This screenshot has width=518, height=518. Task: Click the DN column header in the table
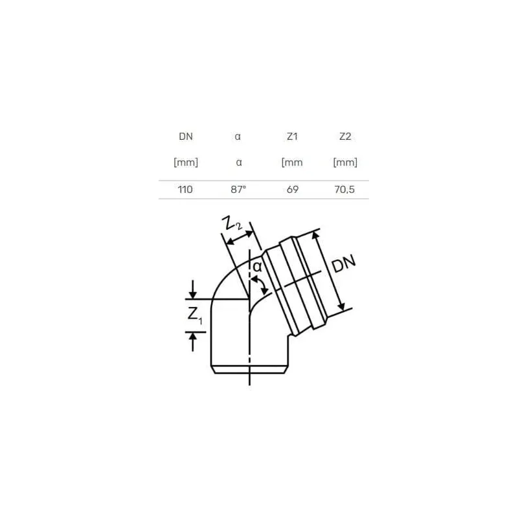pos(186,137)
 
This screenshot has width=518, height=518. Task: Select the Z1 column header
pos(292,137)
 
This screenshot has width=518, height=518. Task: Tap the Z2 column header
pos(344,137)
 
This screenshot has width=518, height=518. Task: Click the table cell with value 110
pos(186,190)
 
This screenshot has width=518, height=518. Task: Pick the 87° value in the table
pos(239,190)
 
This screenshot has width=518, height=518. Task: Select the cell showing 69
pos(292,190)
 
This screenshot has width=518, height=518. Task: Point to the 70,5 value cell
pos(344,190)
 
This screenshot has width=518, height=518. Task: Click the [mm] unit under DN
pos(186,163)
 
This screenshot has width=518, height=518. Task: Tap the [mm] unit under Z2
pos(344,163)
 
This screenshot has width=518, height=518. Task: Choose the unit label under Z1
pos(292,163)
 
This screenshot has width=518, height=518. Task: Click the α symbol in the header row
pos(239,137)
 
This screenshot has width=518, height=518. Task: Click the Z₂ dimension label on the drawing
pos(231,225)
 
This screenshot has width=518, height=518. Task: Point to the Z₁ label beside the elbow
pos(194,316)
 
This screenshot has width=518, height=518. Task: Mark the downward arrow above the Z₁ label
pos(193,289)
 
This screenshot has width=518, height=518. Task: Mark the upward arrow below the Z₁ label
pos(193,341)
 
